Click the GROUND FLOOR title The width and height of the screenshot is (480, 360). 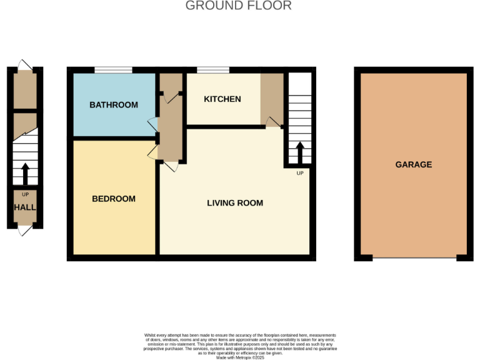(x=239, y=6)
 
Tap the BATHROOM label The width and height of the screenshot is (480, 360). (x=114, y=105)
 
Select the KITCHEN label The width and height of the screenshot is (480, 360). (x=222, y=99)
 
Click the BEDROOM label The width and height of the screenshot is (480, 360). (x=114, y=199)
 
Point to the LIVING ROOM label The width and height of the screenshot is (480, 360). (x=235, y=203)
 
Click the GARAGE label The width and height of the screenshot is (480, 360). (x=414, y=165)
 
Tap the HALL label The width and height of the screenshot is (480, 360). (x=25, y=207)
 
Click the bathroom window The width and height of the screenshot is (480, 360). (x=113, y=70)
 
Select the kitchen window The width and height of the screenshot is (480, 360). (x=213, y=70)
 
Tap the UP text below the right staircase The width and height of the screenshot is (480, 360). (x=299, y=173)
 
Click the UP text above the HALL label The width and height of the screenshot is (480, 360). (x=25, y=195)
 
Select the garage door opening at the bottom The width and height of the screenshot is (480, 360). (x=414, y=257)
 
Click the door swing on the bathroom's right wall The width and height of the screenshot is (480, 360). (x=152, y=122)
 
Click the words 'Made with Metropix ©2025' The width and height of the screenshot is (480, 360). (x=241, y=357)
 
